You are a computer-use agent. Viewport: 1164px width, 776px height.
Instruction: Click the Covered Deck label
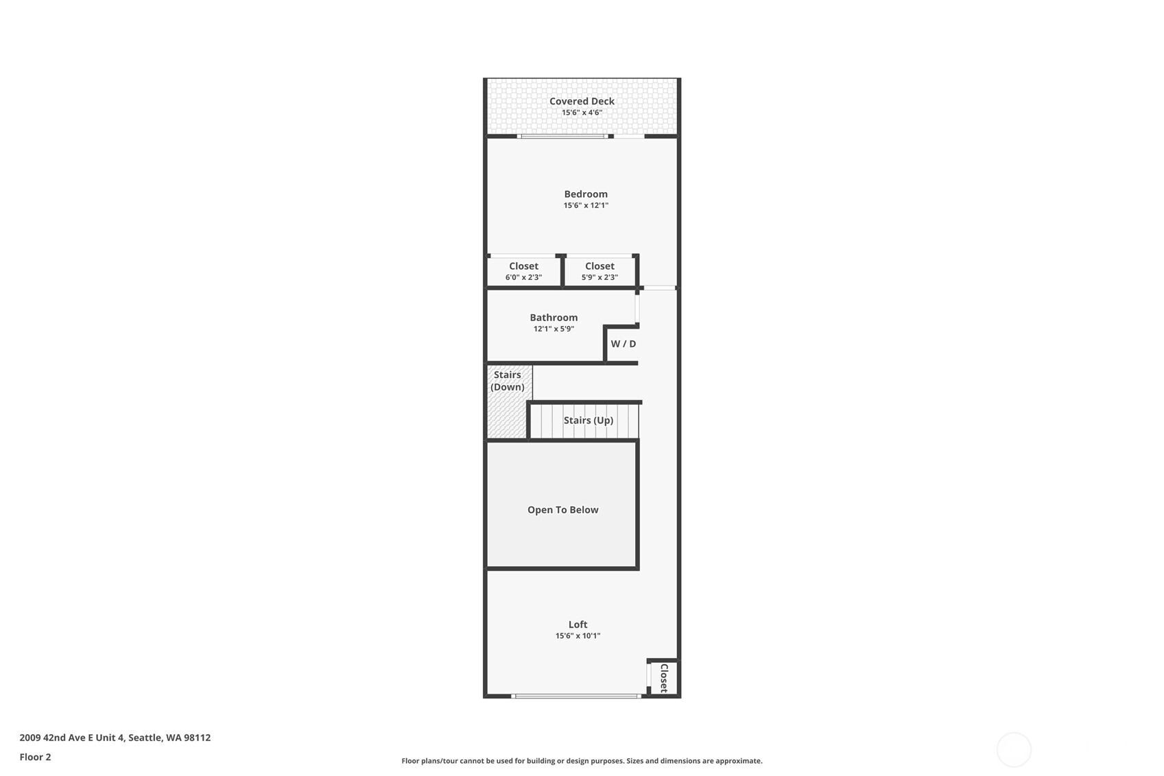pyautogui.click(x=582, y=102)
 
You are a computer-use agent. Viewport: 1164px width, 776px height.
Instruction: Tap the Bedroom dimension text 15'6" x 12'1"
pyautogui.click(x=586, y=205)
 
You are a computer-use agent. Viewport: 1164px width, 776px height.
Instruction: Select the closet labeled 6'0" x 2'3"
pyautogui.click(x=524, y=272)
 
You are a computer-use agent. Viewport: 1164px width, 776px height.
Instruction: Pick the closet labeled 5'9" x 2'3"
pyautogui.click(x=599, y=272)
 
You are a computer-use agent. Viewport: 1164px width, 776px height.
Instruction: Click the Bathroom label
pyautogui.click(x=554, y=318)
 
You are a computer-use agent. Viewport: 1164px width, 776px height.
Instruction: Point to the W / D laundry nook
pyautogui.click(x=623, y=344)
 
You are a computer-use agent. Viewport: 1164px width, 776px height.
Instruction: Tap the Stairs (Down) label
pyautogui.click(x=507, y=381)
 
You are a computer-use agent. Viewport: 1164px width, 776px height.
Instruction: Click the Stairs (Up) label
pyautogui.click(x=589, y=421)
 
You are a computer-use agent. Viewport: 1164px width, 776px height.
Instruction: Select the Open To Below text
pyautogui.click(x=562, y=510)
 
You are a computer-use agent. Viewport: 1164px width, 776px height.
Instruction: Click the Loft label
pyautogui.click(x=578, y=625)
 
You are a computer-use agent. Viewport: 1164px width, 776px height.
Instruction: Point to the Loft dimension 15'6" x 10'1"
pyautogui.click(x=578, y=635)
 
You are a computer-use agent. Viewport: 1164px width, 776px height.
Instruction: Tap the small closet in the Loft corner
pyautogui.click(x=663, y=678)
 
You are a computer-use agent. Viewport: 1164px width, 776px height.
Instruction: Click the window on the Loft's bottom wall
pyautogui.click(x=576, y=696)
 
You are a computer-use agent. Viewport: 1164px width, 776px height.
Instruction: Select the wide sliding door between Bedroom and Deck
pyautogui.click(x=562, y=136)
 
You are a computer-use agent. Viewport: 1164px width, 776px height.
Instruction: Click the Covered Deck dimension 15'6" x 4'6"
pyautogui.click(x=582, y=113)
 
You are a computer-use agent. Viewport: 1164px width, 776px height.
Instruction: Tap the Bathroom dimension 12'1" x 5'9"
pyautogui.click(x=554, y=329)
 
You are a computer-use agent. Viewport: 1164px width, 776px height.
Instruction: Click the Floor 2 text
pyautogui.click(x=36, y=757)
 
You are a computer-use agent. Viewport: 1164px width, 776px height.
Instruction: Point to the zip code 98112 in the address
pyautogui.click(x=197, y=738)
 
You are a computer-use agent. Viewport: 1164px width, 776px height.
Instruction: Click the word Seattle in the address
pyautogui.click(x=145, y=738)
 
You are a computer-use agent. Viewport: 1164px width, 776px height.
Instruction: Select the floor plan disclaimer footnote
pyautogui.click(x=582, y=761)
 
